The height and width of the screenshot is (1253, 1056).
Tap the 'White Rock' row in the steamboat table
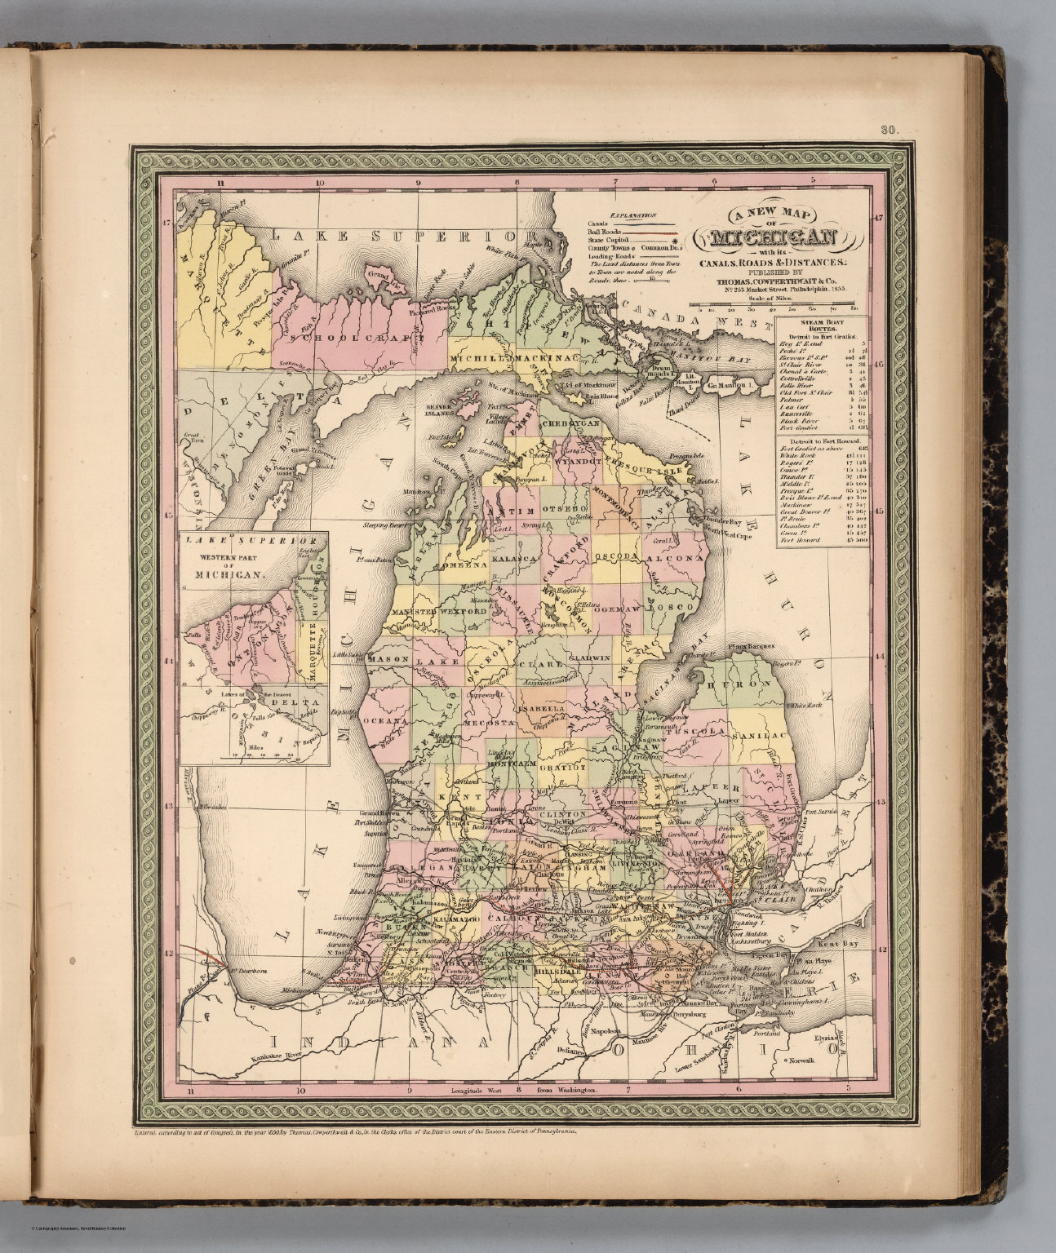[796, 454]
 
